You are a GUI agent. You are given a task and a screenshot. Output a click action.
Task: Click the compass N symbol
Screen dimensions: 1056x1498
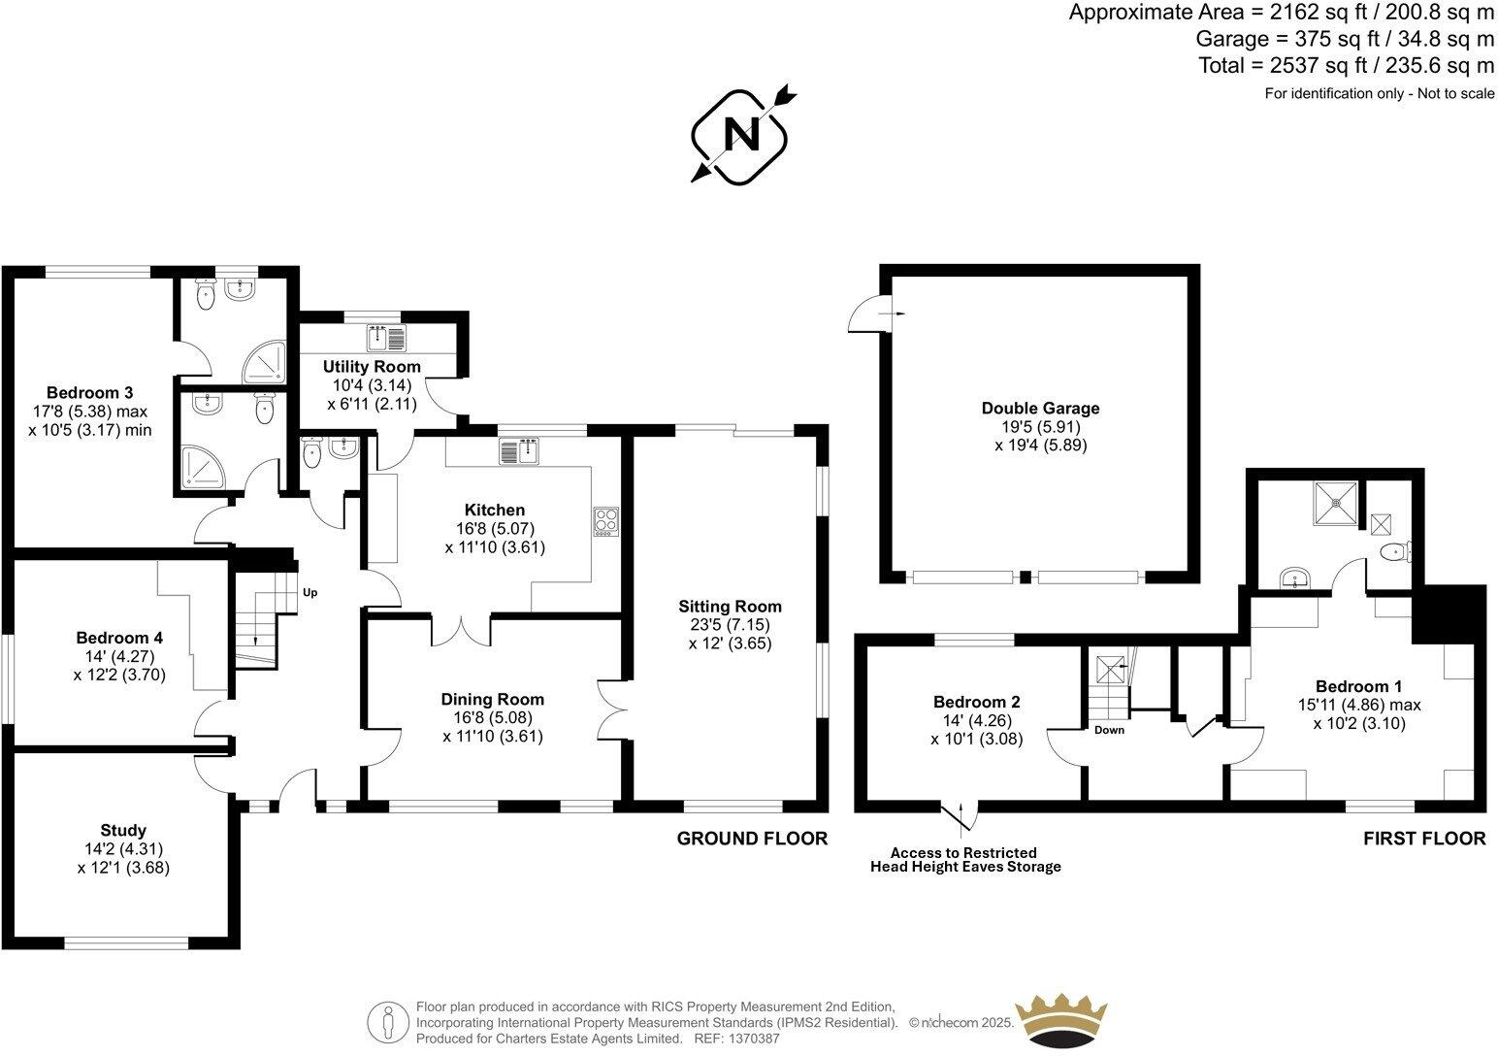[743, 136]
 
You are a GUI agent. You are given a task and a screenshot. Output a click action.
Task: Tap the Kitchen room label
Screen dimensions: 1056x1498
[495, 510]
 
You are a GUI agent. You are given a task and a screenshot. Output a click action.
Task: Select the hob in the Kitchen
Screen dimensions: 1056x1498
[606, 521]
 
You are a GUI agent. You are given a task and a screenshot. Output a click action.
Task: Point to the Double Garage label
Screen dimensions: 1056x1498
[1040, 409]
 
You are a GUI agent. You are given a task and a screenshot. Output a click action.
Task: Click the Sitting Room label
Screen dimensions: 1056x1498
[730, 607]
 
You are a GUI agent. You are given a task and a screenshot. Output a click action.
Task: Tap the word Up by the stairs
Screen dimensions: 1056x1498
[309, 592]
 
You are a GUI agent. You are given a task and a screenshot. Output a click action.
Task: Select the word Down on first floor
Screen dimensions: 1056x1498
[1109, 730]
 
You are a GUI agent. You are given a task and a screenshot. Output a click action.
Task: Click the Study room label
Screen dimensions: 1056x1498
[123, 830]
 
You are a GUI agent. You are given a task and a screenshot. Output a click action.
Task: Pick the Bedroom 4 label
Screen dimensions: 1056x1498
[119, 638]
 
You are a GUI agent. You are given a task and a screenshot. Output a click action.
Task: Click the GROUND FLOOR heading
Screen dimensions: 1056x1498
[752, 839]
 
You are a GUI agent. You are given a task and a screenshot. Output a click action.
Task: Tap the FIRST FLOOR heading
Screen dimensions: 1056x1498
[1424, 839]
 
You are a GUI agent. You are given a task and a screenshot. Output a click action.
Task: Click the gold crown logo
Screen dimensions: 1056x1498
[1060, 1019]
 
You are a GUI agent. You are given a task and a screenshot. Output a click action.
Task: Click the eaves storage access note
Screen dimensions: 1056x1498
[964, 860]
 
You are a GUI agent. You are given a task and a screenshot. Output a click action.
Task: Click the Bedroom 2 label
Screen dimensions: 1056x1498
[976, 702]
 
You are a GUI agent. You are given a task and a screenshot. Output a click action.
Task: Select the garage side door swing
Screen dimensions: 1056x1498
[862, 314]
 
